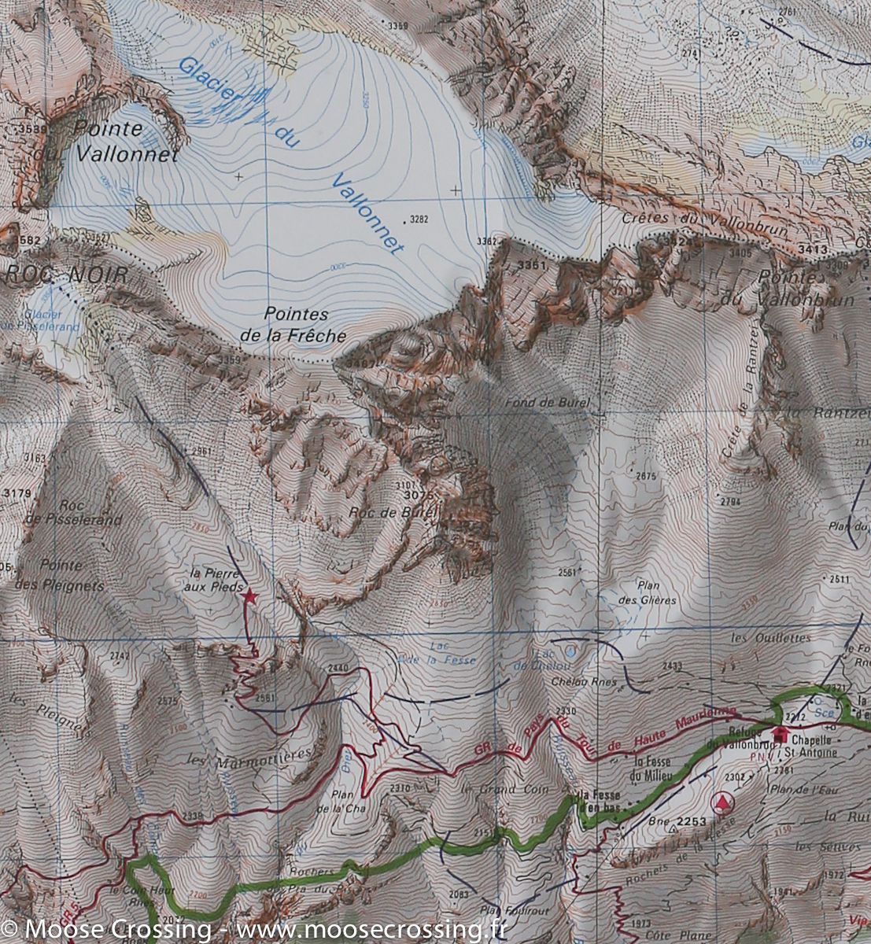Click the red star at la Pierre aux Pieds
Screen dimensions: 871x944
pos(249,597)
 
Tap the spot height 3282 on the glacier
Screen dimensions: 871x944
pos(419,219)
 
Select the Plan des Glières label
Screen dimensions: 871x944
pos(656,592)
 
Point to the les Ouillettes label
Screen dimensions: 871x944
pos(759,638)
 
